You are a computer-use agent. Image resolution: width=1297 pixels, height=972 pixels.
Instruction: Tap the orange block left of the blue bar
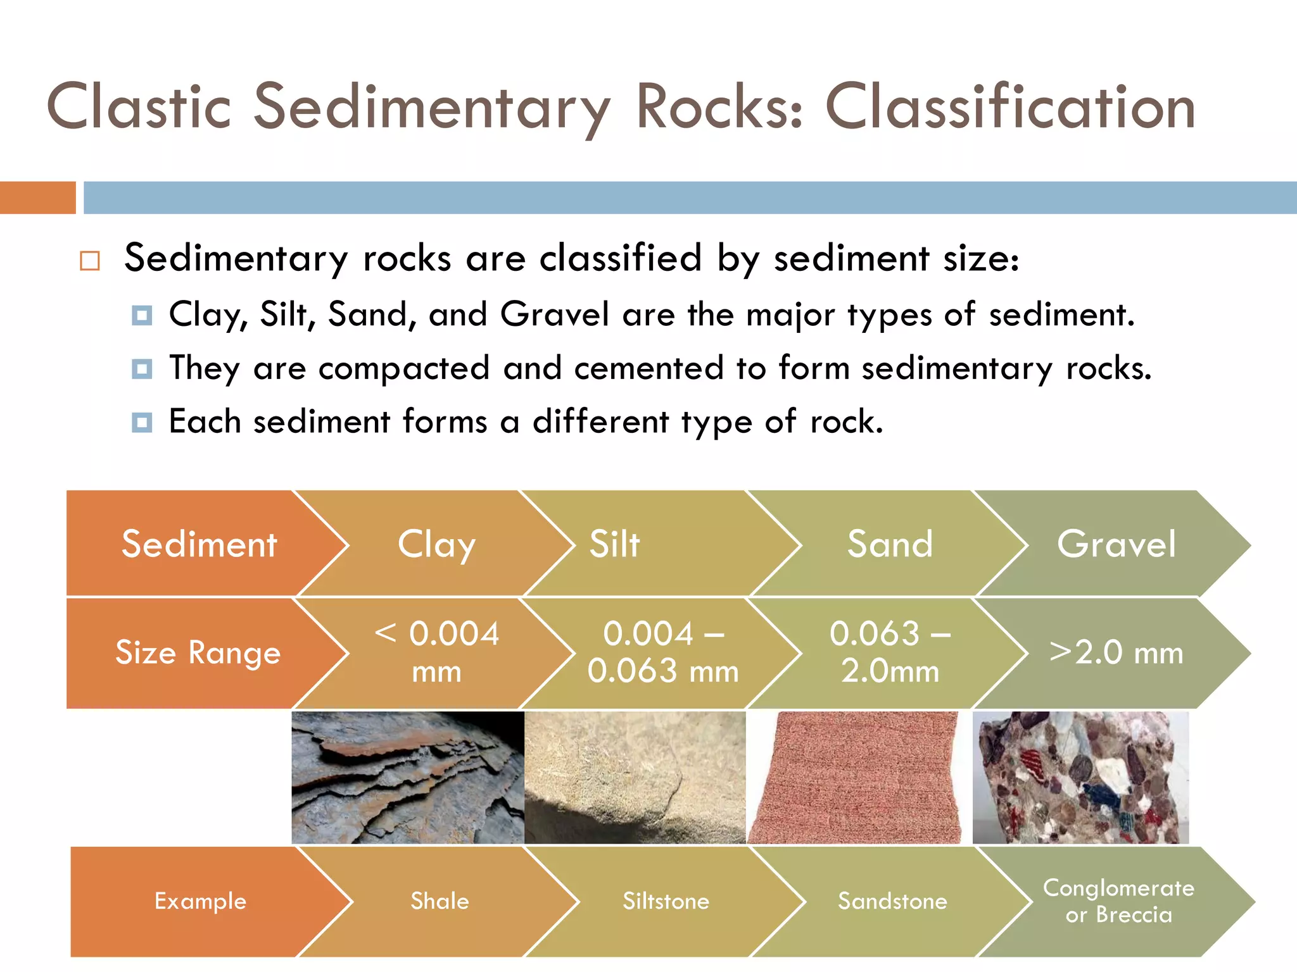click(x=37, y=197)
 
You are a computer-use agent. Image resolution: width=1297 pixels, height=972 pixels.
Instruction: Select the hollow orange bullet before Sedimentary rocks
click(x=90, y=261)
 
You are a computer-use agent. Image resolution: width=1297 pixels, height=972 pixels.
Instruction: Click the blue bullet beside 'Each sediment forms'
click(x=142, y=422)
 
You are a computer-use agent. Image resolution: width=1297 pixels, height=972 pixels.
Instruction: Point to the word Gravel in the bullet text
click(x=554, y=314)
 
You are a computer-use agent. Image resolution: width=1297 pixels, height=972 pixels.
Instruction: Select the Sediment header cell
click(x=199, y=544)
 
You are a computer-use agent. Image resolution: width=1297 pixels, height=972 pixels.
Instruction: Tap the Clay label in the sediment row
click(x=436, y=544)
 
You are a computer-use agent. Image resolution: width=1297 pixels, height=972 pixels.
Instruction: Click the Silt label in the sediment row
click(x=614, y=544)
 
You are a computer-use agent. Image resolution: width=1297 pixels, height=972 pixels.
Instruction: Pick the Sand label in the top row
click(x=890, y=544)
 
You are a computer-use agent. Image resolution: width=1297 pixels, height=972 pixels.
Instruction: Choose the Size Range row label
click(x=198, y=652)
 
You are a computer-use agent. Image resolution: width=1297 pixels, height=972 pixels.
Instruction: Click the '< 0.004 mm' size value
click(x=436, y=652)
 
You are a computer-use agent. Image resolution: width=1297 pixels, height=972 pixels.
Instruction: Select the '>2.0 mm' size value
click(x=1116, y=652)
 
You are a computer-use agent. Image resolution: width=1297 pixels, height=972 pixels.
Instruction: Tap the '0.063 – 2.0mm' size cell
click(x=890, y=652)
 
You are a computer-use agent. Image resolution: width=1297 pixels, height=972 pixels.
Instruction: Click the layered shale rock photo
click(x=407, y=778)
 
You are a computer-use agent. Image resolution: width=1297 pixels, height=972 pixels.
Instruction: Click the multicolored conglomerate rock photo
click(x=1080, y=778)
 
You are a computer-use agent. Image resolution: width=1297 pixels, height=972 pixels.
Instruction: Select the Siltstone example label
click(x=666, y=901)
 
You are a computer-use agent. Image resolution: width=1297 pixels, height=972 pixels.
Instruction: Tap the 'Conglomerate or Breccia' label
click(x=1118, y=901)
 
